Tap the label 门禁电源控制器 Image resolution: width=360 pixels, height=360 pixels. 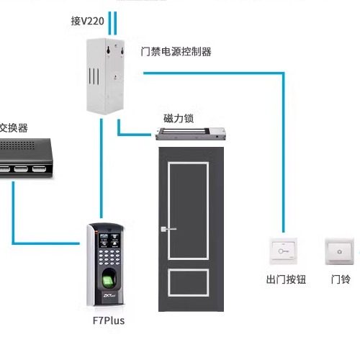[176, 52]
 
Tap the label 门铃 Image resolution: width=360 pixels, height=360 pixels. [340, 279]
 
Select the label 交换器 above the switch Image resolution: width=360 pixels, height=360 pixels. [13, 127]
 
